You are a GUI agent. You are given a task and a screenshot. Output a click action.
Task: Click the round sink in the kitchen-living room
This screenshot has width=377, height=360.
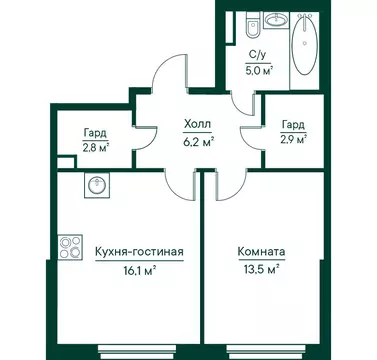[98, 186]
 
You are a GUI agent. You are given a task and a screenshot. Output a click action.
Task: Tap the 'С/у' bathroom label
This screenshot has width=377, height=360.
[256, 56]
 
